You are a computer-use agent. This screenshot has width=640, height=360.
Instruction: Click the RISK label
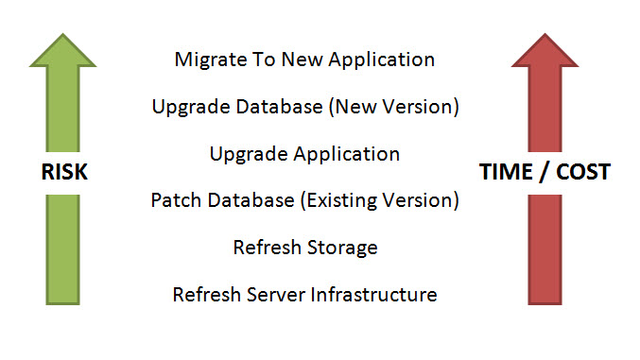(x=62, y=173)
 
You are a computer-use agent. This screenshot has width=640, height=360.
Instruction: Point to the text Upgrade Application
(x=304, y=153)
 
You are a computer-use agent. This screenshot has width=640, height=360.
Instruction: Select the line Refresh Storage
(x=304, y=248)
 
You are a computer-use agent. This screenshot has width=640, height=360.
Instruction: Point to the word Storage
(x=344, y=248)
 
